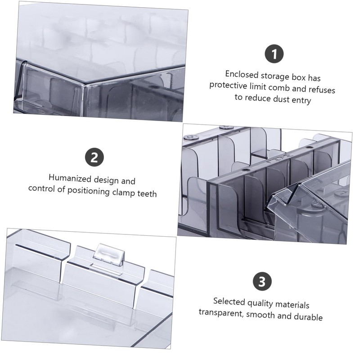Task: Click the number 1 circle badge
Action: [274, 54]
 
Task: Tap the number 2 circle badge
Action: [94, 157]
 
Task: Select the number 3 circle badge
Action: [262, 281]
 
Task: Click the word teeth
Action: [147, 193]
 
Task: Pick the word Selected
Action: [229, 301]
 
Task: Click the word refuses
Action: [322, 89]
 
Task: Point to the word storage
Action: [275, 76]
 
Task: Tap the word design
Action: [106, 180]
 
